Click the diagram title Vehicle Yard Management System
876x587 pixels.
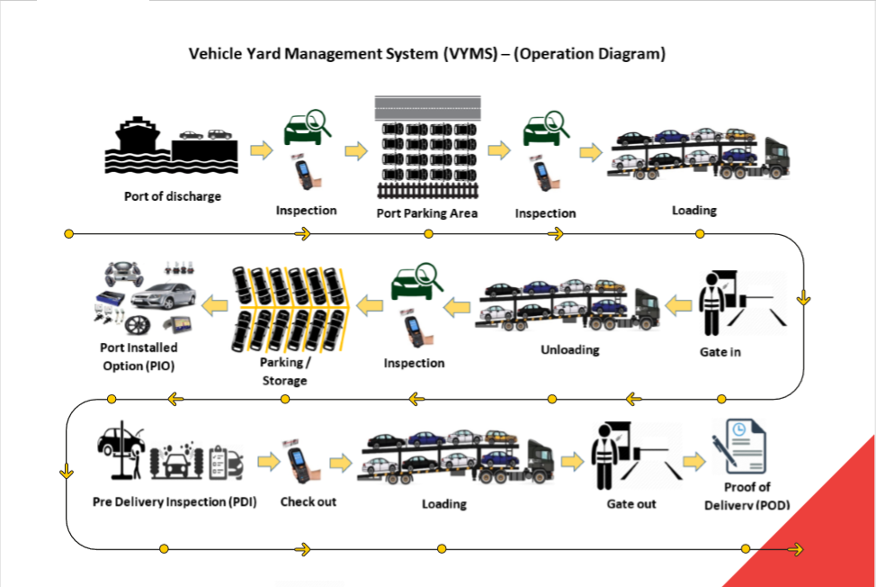(x=426, y=54)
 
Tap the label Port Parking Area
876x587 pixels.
(x=426, y=213)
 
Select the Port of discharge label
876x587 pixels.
(x=172, y=195)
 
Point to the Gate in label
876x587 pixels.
(x=720, y=351)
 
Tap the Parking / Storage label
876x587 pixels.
(x=284, y=371)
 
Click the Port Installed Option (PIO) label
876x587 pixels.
(x=139, y=356)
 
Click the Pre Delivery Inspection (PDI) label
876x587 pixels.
(x=174, y=501)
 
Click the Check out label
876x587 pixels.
(x=308, y=501)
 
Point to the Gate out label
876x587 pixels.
(x=631, y=503)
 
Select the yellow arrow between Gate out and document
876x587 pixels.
(x=693, y=462)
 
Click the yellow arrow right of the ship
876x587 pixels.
(x=261, y=149)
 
